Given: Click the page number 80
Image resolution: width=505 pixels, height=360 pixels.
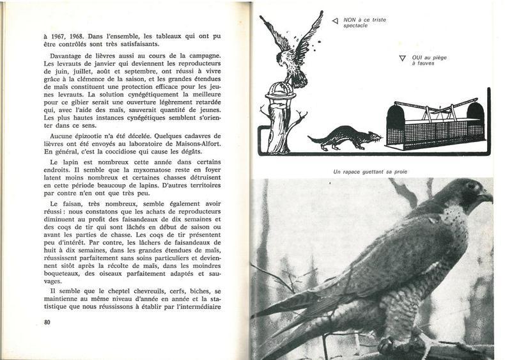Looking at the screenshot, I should click(x=47, y=322).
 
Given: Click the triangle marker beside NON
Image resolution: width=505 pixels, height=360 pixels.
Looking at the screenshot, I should click(x=334, y=21).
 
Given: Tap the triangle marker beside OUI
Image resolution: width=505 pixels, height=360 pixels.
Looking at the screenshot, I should click(x=402, y=58).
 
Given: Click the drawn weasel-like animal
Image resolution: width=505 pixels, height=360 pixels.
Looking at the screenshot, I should click(x=344, y=137).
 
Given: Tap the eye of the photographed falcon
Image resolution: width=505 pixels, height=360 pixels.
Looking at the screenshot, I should click(x=470, y=186).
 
